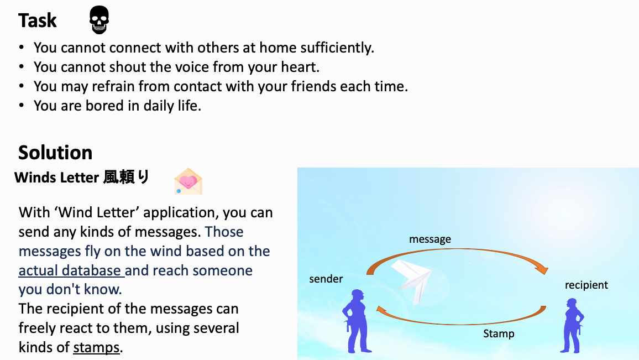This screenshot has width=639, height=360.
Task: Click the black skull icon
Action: tap(99, 19)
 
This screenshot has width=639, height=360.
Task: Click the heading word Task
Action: tap(38, 20)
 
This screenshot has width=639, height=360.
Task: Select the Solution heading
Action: tap(55, 153)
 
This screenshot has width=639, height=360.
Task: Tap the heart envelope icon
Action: tap(188, 181)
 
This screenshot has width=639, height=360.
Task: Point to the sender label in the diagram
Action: tap(326, 279)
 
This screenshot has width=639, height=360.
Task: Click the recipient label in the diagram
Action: tap(586, 285)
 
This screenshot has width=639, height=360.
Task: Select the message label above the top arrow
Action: tap(430, 239)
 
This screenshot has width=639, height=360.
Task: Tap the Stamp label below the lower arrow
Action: tap(499, 333)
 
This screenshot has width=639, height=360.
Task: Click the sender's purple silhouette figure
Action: tap(357, 321)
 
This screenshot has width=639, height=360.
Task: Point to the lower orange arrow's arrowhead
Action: tap(381, 310)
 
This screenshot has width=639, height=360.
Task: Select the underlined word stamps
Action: tap(96, 347)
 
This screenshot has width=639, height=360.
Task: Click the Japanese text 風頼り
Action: tap(127, 178)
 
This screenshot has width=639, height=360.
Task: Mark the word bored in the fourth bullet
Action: tap(104, 106)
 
